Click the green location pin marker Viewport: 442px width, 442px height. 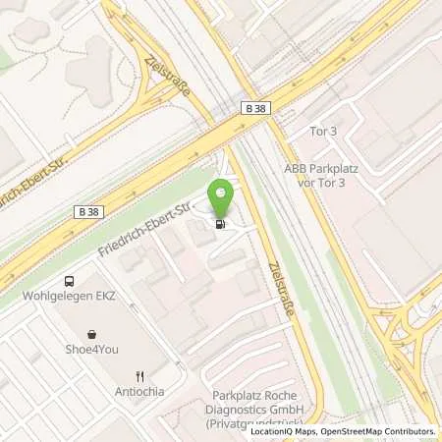222,196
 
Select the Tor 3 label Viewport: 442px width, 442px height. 297,132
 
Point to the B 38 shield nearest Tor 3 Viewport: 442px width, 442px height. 254,114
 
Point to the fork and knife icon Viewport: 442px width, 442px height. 141,375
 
